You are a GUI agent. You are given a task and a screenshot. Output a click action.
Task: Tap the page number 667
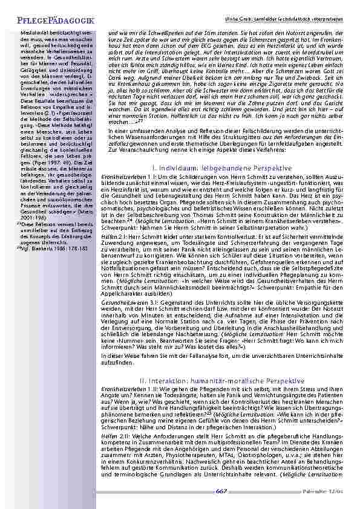click(x=221, y=491)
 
